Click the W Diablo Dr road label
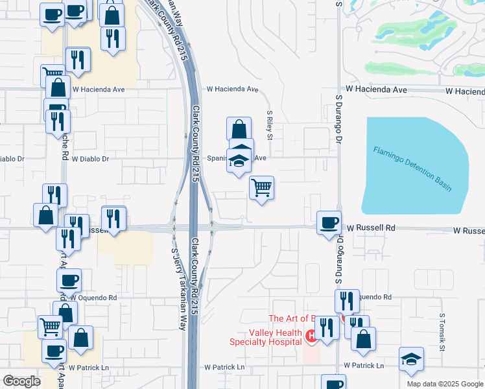click(x=91, y=158)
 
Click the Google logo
click(x=22, y=381)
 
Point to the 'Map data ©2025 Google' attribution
click(x=444, y=384)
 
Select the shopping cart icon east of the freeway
click(x=261, y=187)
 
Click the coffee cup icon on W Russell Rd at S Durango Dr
click(x=329, y=222)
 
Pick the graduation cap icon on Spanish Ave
click(x=239, y=160)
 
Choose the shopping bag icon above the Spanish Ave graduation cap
click(x=239, y=128)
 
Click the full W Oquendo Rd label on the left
click(x=94, y=298)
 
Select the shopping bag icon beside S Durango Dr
click(x=364, y=338)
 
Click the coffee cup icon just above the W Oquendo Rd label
click(x=69, y=280)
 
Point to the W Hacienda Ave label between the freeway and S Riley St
click(x=232, y=89)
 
